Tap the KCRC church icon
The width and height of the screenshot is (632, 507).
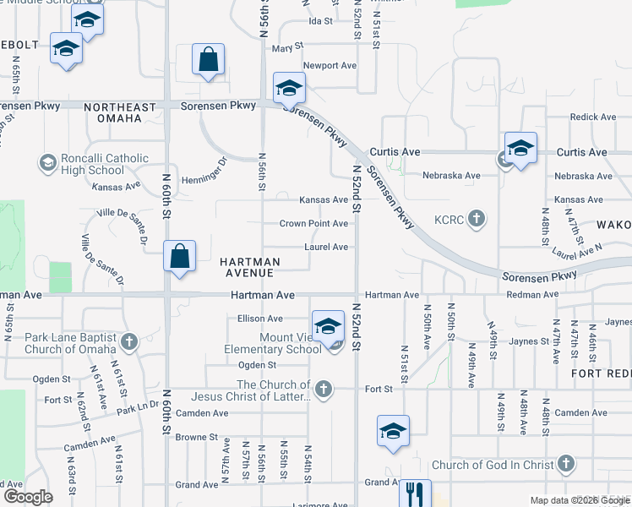pos(477,220)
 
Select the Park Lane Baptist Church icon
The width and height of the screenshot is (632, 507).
pos(128,342)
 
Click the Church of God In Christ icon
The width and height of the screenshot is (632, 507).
pos(566,464)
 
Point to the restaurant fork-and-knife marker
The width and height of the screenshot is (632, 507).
pos(415,493)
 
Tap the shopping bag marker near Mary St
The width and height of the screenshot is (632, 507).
pos(208,60)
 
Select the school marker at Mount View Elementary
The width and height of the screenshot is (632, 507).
pos(328,325)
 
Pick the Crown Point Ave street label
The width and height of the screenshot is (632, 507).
pos(314,224)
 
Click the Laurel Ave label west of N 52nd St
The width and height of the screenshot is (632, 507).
pos(327,247)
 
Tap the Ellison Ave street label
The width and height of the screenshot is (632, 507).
pos(260,319)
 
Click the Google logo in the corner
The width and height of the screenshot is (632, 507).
pos(28,497)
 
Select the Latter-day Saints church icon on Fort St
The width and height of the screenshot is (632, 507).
pos(322,389)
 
